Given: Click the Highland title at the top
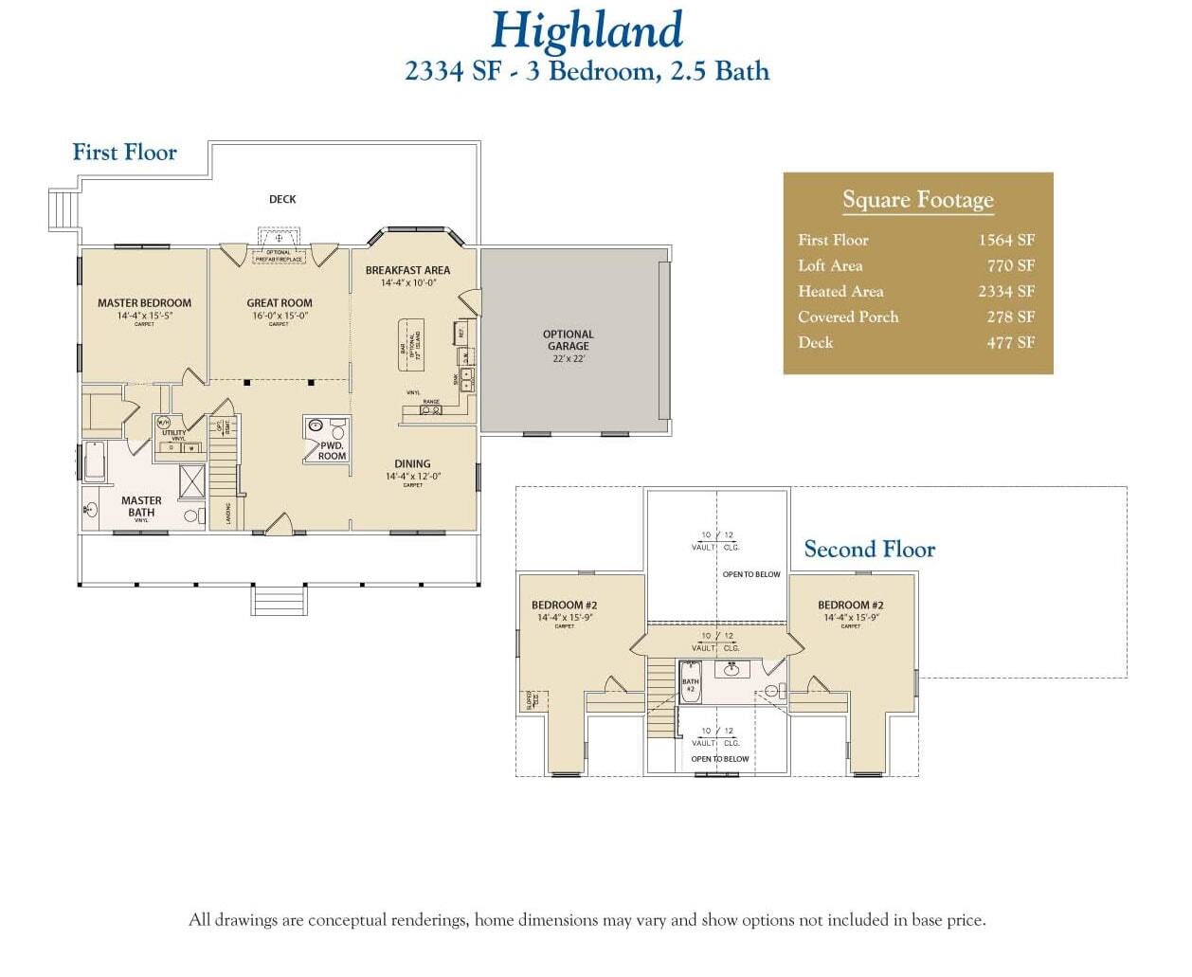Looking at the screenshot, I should coord(587,30).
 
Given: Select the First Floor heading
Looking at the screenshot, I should coord(124,153).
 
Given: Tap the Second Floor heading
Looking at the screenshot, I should coord(869,550).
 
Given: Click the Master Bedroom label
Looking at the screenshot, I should coord(144,303).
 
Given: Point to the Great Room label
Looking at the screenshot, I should coord(280,303).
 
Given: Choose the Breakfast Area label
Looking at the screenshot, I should coord(407,270).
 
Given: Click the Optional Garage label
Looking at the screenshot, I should coord(568,340).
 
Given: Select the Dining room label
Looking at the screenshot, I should coord(412,464).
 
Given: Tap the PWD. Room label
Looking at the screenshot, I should coord(332,450).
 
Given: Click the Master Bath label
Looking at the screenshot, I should coord(141,506).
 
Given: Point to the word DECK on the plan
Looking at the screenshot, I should coord(282,199).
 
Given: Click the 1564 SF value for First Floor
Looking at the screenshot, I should coord(1006,241).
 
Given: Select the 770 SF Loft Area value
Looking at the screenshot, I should coord(1010,266).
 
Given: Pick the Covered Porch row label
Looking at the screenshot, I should coord(848,317).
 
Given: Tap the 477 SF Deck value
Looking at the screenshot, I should coord(1010,343).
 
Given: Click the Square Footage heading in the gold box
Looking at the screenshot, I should coord(918,200).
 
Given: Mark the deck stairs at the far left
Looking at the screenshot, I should coord(63,208).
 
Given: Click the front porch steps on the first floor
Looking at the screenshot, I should coord(279,601).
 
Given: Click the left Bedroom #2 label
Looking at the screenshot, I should coord(564,606).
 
